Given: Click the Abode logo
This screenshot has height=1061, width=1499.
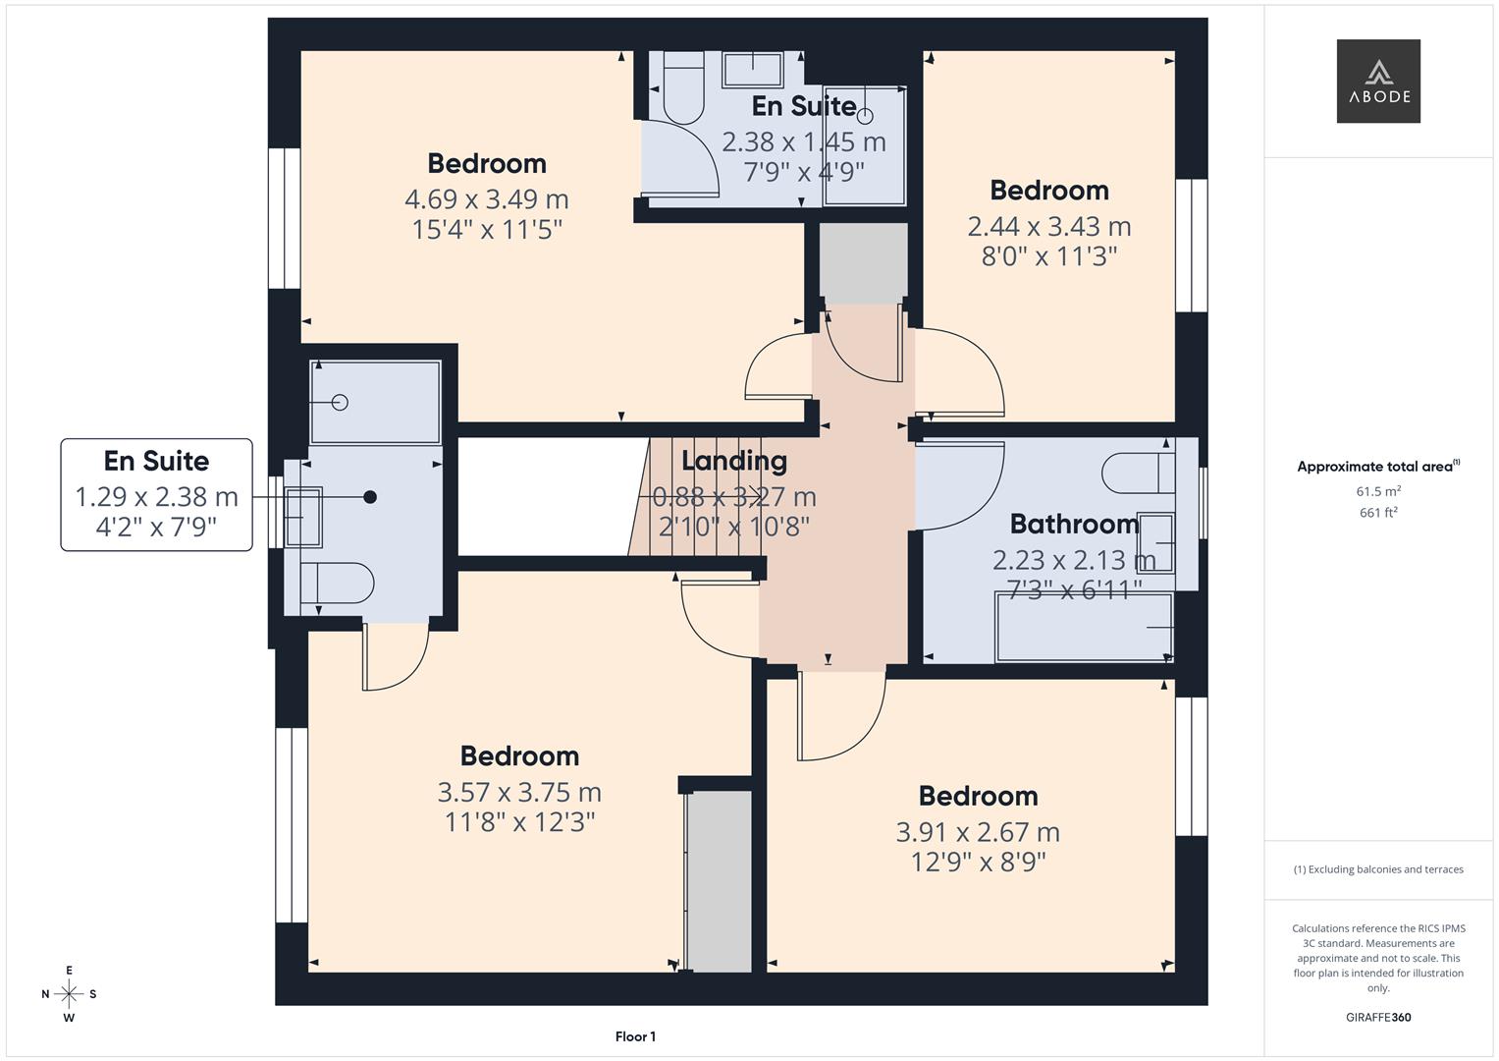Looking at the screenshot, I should (1377, 81).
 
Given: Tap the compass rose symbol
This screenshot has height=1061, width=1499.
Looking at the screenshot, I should (69, 993).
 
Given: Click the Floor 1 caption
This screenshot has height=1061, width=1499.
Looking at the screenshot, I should (635, 1036).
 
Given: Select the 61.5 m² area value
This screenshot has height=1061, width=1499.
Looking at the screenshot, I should (1377, 491).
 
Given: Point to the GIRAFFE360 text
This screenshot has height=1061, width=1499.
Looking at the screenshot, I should (1377, 1017).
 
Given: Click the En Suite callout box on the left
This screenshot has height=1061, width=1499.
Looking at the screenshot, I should (157, 494).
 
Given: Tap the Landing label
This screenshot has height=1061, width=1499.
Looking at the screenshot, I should (733, 461).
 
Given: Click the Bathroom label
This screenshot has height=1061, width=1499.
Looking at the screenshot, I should (1074, 524).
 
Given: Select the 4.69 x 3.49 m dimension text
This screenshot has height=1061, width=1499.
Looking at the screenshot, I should (486, 199).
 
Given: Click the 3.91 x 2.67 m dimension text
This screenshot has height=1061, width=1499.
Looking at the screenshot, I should (977, 832).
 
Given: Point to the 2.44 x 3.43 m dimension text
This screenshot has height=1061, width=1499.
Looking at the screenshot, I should (1048, 227).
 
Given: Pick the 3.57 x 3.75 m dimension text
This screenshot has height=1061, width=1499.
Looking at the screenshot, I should (519, 792).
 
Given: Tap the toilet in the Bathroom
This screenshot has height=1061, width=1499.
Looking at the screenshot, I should (1136, 473).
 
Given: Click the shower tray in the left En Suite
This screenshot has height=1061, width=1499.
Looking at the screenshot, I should (375, 402).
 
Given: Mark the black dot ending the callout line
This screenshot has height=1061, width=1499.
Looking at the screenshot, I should (370, 497).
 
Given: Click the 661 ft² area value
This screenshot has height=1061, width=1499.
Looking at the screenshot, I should (1377, 512).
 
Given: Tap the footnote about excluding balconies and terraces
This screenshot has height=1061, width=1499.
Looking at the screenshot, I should (1377, 869).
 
